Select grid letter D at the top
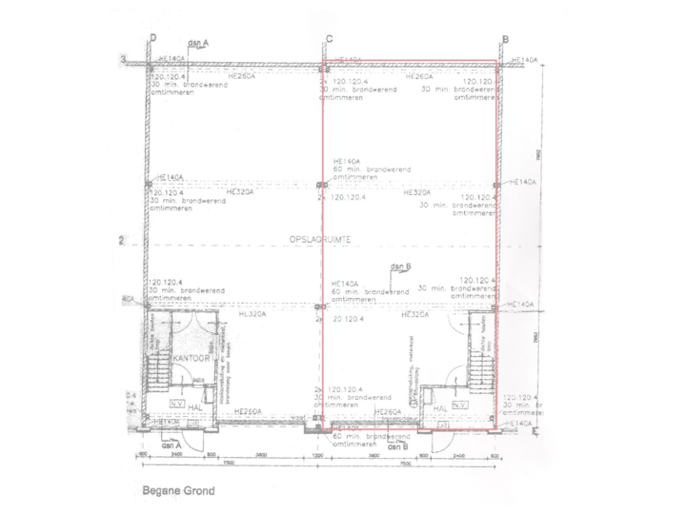[x=152, y=38]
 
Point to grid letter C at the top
[x=329, y=38]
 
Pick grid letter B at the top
[x=505, y=38]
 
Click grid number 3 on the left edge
[x=123, y=60]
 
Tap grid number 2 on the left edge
[x=123, y=241]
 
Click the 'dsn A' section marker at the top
[x=198, y=41]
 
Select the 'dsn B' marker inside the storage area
[x=401, y=267]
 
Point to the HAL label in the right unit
[x=439, y=407]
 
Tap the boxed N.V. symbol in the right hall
[x=461, y=405]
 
